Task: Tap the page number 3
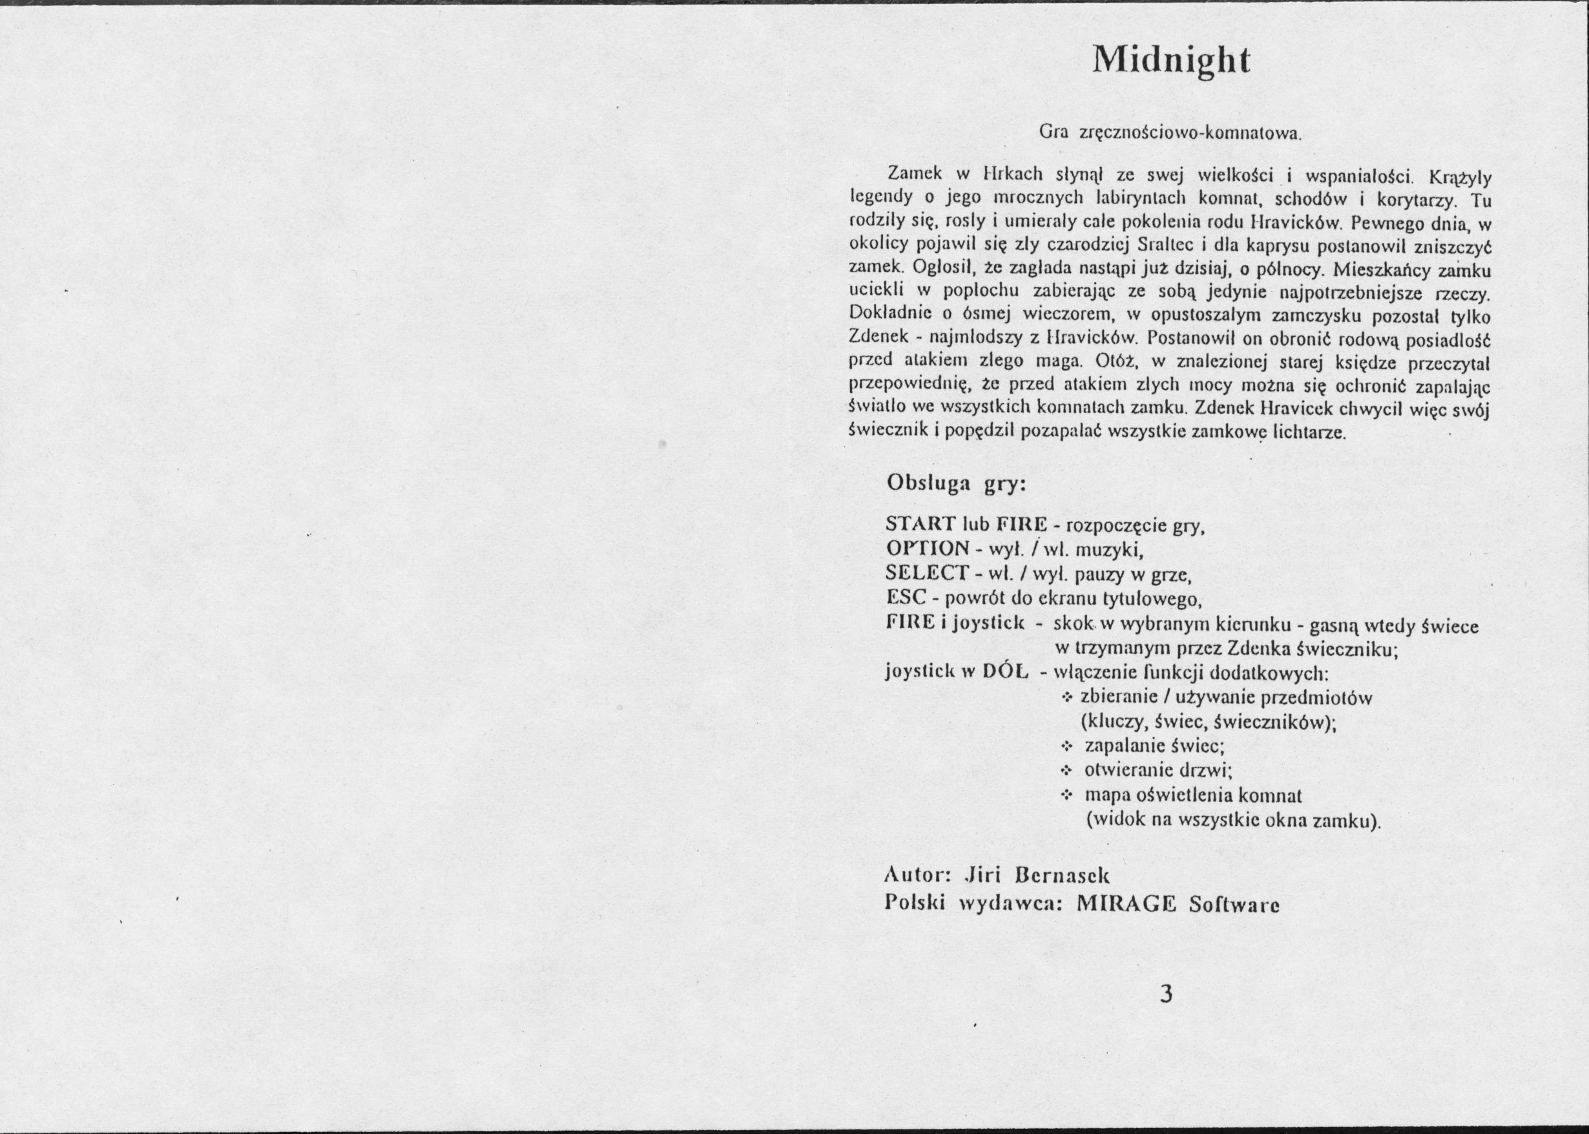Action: pyautogui.click(x=1165, y=993)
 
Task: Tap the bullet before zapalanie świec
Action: pyautogui.click(x=1066, y=746)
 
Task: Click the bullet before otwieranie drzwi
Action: pyautogui.click(x=1066, y=771)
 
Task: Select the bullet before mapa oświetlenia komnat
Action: pyautogui.click(x=1066, y=795)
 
